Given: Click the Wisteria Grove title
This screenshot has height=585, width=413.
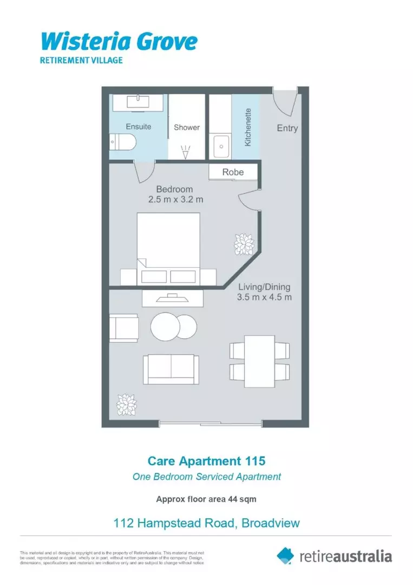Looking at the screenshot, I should (119, 41).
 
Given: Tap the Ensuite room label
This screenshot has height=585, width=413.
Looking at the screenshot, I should (139, 127).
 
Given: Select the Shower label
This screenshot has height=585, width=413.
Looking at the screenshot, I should (187, 127).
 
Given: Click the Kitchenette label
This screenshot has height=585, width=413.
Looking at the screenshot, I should (248, 128).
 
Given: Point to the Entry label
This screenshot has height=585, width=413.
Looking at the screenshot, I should (287, 128).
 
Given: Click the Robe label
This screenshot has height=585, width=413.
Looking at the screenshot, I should (233, 172).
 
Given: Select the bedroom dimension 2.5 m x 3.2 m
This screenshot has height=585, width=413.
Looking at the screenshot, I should (176, 199).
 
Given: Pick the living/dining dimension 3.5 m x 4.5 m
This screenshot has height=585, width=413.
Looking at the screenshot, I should (264, 297).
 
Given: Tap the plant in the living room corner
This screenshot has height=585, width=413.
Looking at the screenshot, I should (127, 404).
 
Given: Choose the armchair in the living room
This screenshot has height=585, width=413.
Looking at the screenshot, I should (124, 327).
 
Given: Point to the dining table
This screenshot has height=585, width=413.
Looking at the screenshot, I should (259, 361).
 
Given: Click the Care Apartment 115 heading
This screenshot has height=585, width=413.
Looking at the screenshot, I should (207, 461).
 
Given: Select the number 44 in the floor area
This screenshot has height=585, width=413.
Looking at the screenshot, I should (230, 499).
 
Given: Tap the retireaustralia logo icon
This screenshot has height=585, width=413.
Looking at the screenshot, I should (286, 555).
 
